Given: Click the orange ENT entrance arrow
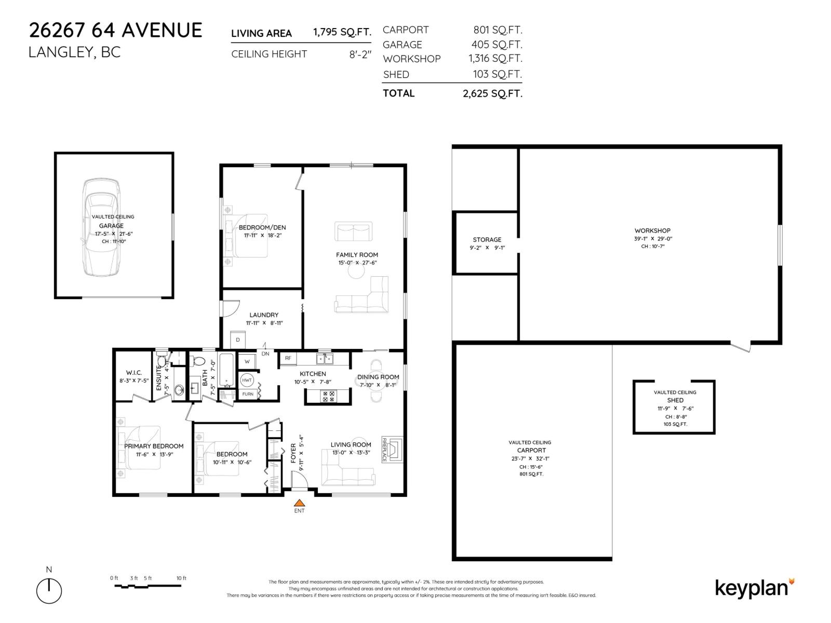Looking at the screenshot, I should pos(300,503).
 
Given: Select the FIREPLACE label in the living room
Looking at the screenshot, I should pos(385,450).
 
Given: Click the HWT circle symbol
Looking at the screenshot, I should pos(247,380).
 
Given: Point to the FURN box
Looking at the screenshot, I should pos(248,394).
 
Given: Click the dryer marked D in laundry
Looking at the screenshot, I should pos(238,340).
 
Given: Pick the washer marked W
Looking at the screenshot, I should pos(247,361).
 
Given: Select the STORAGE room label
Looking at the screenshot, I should pos(487,240).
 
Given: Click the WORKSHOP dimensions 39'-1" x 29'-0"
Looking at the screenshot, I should pos(652,239).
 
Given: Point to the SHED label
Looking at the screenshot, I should pos(675,400).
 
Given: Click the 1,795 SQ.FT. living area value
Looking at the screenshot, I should pos(342,32).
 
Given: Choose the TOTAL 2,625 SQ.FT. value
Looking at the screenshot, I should pos(492,94).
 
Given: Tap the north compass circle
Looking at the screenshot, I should pos(49,591).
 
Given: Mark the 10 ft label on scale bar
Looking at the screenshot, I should pos(181,578).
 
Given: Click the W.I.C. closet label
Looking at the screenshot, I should pos(133,373).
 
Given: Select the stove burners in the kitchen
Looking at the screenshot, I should pos(329,397).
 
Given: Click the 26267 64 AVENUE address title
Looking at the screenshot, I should pos(115,30).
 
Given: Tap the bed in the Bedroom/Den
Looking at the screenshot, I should pos(249,236).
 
